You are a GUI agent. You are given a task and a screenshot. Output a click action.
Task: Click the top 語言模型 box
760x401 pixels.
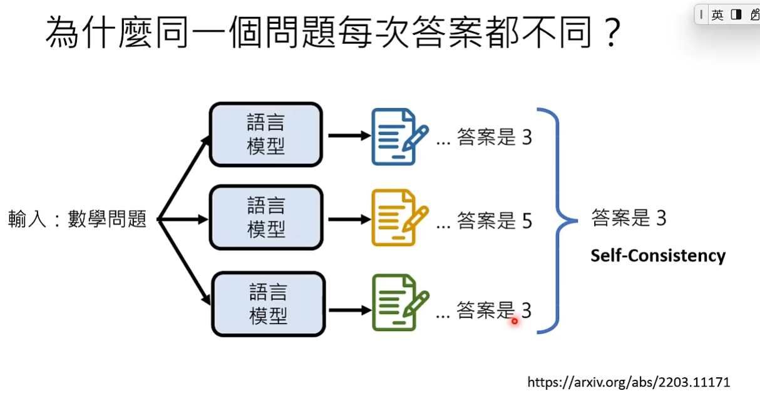point(265,135)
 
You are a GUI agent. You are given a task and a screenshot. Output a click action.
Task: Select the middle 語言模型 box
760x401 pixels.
point(265,218)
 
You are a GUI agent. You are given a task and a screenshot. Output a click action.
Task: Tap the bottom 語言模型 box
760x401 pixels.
point(269,304)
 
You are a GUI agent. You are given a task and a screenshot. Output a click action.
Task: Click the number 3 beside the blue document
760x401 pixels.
point(526,137)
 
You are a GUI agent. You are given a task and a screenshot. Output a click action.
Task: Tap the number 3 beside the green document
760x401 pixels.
point(526,310)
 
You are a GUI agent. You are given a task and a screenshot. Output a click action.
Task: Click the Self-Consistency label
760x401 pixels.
point(658,256)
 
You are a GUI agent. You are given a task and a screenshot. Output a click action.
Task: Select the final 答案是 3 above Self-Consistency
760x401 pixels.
point(629,218)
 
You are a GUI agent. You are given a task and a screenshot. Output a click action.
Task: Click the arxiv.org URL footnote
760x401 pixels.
point(629,382)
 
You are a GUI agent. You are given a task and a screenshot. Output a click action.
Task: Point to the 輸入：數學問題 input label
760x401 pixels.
point(77,219)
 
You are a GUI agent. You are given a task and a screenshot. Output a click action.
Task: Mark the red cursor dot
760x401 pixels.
point(515,321)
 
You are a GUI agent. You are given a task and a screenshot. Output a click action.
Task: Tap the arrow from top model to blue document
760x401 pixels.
point(349,135)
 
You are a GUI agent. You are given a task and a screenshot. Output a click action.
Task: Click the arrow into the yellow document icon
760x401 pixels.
point(349,220)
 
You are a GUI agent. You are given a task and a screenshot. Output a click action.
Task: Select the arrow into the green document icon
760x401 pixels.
point(349,310)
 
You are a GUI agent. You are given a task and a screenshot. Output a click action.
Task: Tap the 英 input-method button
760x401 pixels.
point(717,14)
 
